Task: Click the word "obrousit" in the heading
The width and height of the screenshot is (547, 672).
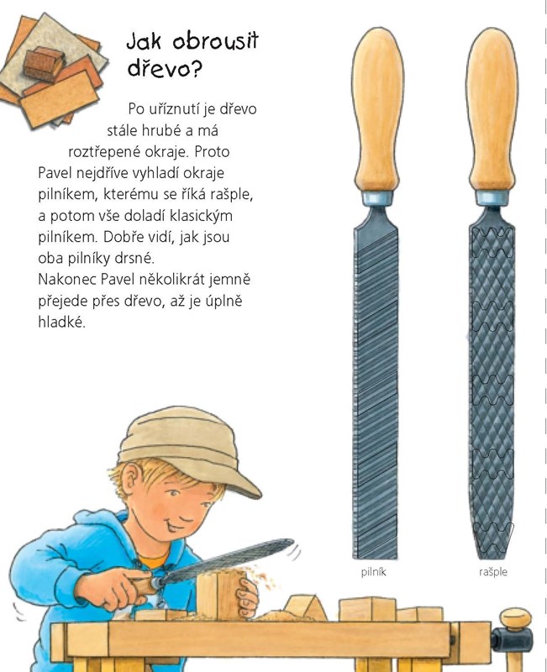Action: point(216,41)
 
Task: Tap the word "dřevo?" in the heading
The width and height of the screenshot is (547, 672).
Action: point(165,70)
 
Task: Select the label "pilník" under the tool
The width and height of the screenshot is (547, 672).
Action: point(373,572)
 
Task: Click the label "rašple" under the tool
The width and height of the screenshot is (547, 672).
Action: point(493,572)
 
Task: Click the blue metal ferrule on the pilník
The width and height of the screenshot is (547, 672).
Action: point(377,198)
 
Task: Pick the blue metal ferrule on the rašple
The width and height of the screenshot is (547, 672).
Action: point(492,198)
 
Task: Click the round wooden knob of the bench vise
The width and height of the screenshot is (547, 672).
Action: point(516,621)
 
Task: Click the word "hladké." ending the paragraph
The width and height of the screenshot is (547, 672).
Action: point(61,322)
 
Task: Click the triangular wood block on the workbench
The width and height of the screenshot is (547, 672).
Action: point(305,607)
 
